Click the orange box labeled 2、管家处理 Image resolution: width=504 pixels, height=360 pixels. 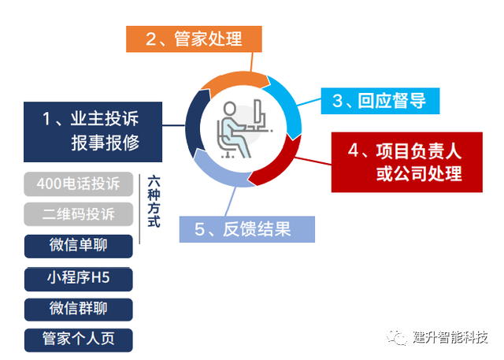coord(193,38)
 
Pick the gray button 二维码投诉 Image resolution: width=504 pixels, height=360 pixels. coord(78,214)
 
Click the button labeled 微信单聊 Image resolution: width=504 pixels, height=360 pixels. coord(78,245)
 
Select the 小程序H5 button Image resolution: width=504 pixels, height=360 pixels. coord(78,277)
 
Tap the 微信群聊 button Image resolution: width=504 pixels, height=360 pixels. coord(78,308)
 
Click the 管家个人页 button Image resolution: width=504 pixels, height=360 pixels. coord(78,339)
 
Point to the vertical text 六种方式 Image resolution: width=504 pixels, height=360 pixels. coord(154,201)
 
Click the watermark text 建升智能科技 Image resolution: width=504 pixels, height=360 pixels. coord(450,338)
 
